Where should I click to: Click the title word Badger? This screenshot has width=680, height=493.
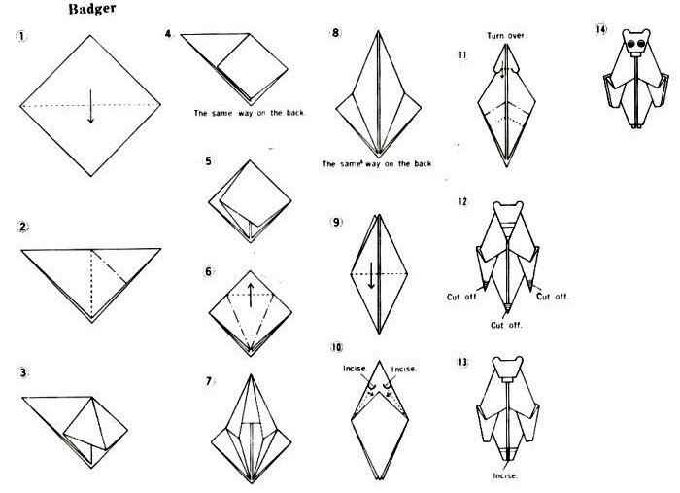92,9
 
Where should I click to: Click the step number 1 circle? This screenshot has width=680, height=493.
21,36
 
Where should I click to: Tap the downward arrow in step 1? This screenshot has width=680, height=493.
90,106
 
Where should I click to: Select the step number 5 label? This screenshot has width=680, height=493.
209,161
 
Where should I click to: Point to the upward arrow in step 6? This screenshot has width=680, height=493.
251,295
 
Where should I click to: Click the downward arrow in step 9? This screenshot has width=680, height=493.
372,275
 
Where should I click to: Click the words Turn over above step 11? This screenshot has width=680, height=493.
506,35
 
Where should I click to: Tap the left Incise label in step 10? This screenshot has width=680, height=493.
356,369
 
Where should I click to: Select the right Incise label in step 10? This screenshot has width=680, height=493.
404,369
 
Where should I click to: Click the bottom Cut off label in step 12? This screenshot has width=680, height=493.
506,325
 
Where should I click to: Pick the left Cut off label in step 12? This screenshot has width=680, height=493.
462,297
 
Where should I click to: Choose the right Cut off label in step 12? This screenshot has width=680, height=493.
552,297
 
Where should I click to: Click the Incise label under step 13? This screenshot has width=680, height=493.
505,475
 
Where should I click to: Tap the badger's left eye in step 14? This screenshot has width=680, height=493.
631,43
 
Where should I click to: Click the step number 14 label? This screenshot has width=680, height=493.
600,29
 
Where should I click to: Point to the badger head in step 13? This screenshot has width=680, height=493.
507,367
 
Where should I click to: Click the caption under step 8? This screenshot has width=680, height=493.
377,164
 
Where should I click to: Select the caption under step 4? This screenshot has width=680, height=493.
250,113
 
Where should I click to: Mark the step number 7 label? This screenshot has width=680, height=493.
209,381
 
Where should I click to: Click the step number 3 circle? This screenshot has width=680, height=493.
23,372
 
